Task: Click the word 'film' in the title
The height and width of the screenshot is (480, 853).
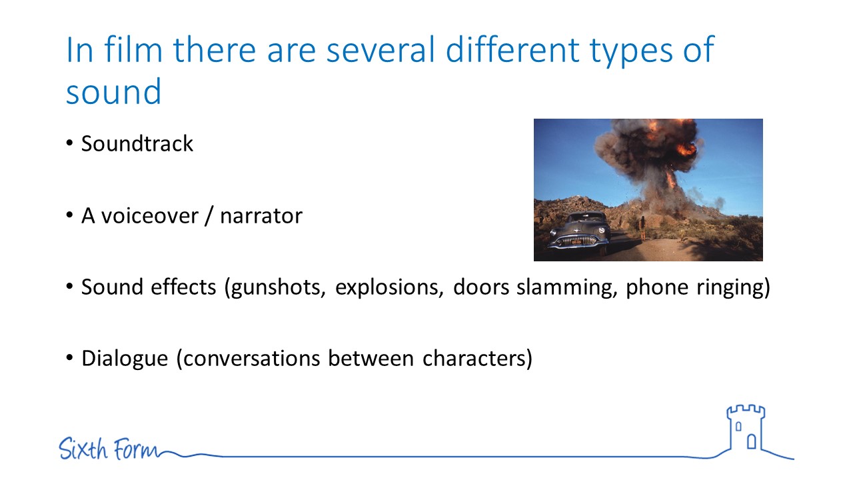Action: [x=133, y=49]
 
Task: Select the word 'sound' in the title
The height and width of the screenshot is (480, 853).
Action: [x=113, y=91]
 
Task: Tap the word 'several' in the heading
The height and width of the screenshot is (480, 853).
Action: [x=381, y=49]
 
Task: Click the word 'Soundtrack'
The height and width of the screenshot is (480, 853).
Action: [x=137, y=143]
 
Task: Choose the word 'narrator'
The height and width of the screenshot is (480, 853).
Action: [x=261, y=216]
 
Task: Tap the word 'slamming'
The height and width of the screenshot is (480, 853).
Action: [x=567, y=287]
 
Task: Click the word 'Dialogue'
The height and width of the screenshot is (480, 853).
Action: [x=125, y=359]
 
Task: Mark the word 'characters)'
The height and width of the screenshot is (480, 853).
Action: [x=478, y=359]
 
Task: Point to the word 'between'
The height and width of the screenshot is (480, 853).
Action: [x=371, y=359]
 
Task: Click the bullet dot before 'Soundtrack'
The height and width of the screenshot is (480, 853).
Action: [x=69, y=143]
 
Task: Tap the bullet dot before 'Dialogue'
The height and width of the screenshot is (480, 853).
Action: [x=69, y=358]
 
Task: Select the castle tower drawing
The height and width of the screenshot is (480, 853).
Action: [x=746, y=429]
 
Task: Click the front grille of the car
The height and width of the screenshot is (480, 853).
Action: [x=576, y=241]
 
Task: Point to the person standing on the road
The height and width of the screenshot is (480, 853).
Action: [x=642, y=228]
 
